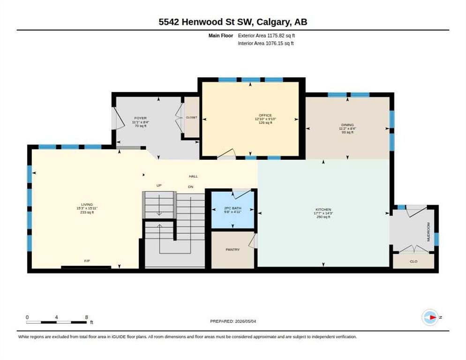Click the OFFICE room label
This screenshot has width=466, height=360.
tap(265, 115)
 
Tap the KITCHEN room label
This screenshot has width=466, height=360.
tap(323, 210)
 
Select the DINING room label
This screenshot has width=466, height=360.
tap(347, 125)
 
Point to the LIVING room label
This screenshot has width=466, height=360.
tap(87, 204)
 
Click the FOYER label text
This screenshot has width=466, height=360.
tap(140, 118)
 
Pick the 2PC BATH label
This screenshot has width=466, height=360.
tap(233, 208)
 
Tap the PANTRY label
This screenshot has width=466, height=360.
tap(233, 249)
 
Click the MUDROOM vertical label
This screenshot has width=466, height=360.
tap(428, 232)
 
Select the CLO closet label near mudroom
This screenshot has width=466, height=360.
tap(413, 261)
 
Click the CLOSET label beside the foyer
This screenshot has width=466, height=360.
tap(191, 118)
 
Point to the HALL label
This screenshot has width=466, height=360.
tap(193, 176)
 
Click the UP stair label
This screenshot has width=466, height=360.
tap(159, 185)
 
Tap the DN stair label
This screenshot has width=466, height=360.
tap(190, 187)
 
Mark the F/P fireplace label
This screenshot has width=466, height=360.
tap(87, 261)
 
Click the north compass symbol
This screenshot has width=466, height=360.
tap(430, 317)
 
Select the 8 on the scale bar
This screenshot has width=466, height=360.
tap(86, 317)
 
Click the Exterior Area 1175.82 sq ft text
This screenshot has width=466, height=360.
tap(266, 36)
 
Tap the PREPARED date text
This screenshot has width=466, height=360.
tap(233, 321)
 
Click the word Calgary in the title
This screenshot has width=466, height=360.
tap(274, 22)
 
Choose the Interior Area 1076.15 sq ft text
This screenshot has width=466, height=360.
tap(266, 44)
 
